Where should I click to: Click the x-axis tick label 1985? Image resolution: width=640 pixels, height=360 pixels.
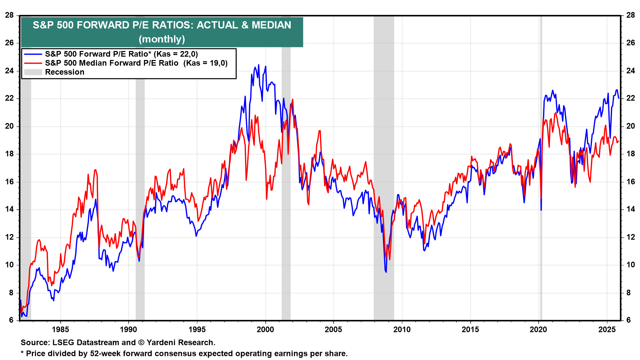[x=60, y=330]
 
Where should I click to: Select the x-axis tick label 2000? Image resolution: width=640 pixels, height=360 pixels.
[x=265, y=330]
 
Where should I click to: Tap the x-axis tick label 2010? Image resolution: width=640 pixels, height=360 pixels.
[x=402, y=330]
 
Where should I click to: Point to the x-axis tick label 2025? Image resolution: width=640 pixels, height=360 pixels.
[x=607, y=330]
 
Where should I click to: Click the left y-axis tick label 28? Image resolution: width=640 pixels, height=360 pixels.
[x=9, y=15]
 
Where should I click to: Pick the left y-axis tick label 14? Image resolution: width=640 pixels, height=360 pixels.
[x=9, y=209]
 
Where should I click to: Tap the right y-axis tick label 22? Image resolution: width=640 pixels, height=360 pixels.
[x=631, y=98]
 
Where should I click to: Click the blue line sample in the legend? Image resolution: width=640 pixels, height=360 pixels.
[x=33, y=54]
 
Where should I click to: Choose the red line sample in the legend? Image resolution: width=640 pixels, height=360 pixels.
[x=33, y=63]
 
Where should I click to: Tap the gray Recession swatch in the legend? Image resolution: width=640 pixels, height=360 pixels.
[x=33, y=72]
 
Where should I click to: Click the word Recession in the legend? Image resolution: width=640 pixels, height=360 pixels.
[x=65, y=72]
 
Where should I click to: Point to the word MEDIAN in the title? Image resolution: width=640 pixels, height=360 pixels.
[x=271, y=25]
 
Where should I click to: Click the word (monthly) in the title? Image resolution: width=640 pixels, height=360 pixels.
[x=162, y=39]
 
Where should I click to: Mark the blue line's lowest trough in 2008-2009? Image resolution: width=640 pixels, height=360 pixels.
[x=386, y=272]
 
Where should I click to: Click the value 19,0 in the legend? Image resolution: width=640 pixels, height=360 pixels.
[x=217, y=63]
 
